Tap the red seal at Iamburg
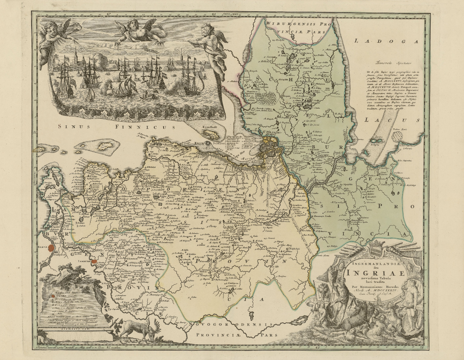(x=94, y=262)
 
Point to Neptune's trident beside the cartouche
(x=331, y=286)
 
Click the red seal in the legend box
(x=53, y=295)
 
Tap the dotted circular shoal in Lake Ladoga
(x=397, y=136)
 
